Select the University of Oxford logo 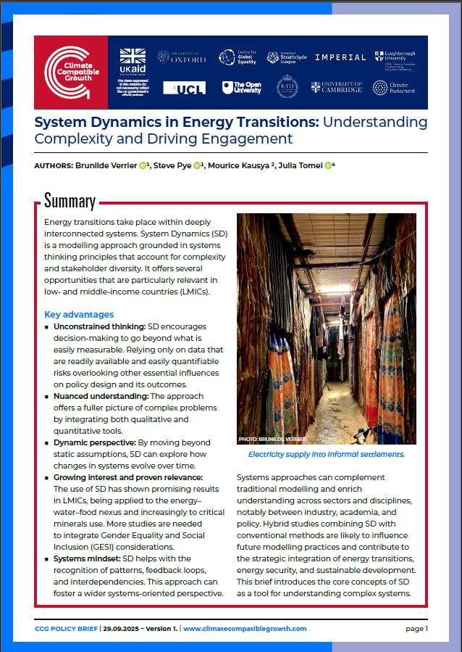182,57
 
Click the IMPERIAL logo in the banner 340,57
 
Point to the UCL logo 184,88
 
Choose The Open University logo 241,88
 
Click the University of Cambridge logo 336,88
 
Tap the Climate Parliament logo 395,88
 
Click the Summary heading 70,201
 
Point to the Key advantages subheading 79,315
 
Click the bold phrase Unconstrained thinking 99,327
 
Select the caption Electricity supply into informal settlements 326,454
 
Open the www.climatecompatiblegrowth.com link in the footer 244,629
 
